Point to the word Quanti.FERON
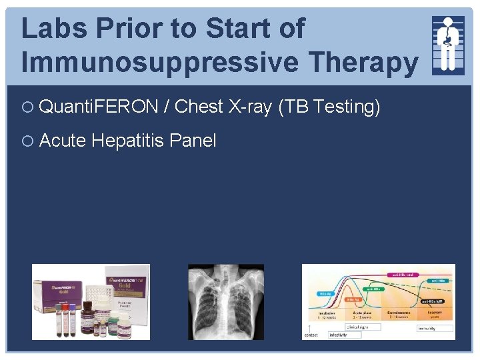click(x=99, y=106)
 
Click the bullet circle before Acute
click(x=29, y=141)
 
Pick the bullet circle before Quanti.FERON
click(x=29, y=107)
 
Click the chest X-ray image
click(x=226, y=301)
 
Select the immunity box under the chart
click(x=434, y=328)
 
